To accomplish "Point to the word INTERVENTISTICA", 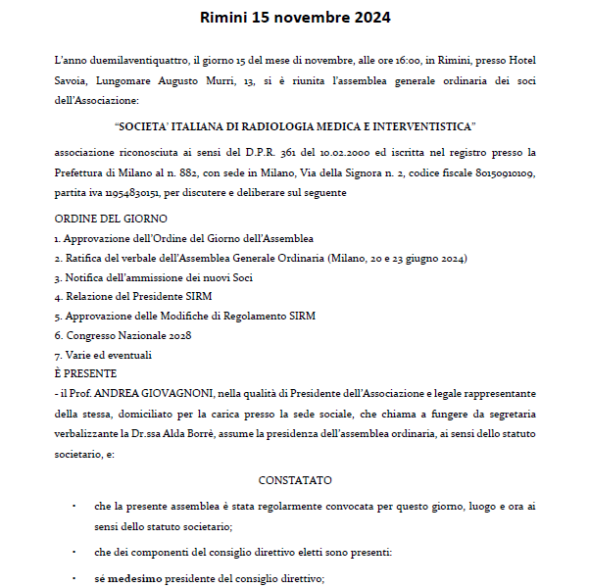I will pyautogui.click(x=417, y=126).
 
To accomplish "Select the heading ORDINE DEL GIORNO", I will pyautogui.click(x=111, y=219).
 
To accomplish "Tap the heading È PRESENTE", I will pyautogui.click(x=86, y=373).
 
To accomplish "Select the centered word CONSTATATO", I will pyautogui.click(x=295, y=480).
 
